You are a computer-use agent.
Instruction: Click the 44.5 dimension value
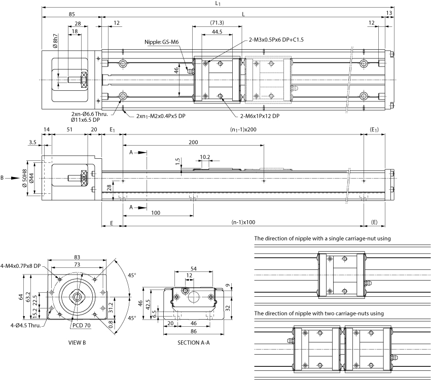(x=217, y=32)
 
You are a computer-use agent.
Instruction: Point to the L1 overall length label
(x=218, y=4)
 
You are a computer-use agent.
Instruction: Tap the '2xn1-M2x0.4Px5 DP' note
(x=161, y=116)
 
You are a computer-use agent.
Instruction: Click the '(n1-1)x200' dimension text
(x=243, y=130)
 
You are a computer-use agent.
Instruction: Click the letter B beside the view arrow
(x=3, y=178)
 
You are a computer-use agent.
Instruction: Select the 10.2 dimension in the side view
(x=205, y=157)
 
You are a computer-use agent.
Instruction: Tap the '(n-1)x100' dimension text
(x=243, y=222)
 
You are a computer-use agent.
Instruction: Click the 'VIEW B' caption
(x=77, y=342)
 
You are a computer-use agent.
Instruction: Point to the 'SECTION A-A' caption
(x=194, y=342)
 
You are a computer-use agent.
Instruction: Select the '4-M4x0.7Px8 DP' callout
(x=22, y=266)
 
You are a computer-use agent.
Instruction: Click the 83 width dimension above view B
(x=77, y=258)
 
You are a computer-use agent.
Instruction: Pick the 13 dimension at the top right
(x=389, y=13)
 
